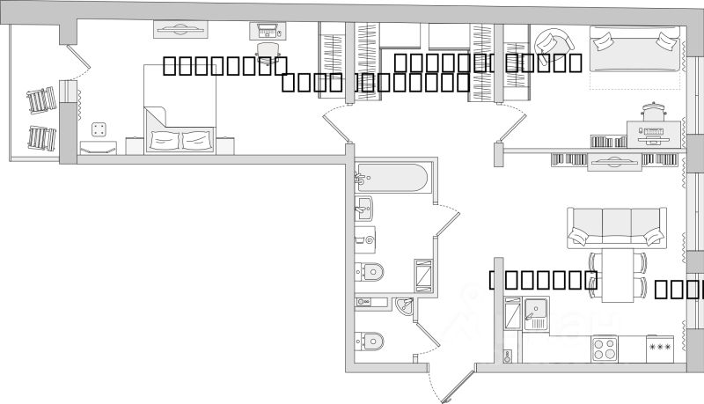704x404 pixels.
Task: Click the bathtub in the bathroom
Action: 393,180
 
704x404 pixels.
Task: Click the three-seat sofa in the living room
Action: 616,228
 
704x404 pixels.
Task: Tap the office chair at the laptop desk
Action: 268,49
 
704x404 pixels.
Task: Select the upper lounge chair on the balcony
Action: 40,103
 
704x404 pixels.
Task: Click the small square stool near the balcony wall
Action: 99,130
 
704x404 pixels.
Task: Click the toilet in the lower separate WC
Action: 370,340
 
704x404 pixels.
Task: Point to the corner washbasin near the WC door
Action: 404,307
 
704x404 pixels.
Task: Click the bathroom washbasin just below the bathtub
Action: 365,209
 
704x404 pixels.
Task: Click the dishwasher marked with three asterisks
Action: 660,348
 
